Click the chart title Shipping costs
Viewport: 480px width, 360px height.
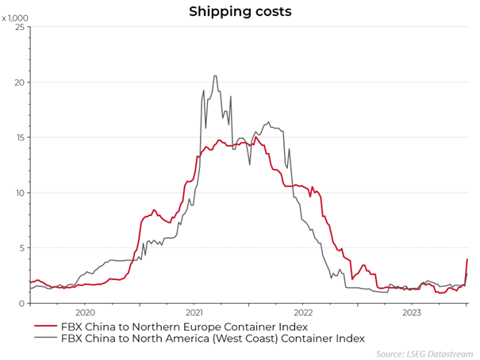point(240,11)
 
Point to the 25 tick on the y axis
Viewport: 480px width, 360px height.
point(21,28)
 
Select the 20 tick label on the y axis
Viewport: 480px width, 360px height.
point(21,82)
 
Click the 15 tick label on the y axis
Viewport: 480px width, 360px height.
point(21,137)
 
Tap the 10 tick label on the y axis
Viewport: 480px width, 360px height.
point(21,193)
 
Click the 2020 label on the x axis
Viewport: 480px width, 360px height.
point(84,313)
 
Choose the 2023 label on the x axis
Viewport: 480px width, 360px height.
point(413,313)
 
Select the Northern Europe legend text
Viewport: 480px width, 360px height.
point(184,327)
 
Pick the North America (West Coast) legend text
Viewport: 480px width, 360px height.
point(213,339)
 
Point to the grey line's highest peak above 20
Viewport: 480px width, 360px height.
point(215,76)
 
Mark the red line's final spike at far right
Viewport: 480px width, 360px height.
point(467,260)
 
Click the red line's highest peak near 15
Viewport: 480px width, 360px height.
point(256,137)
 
